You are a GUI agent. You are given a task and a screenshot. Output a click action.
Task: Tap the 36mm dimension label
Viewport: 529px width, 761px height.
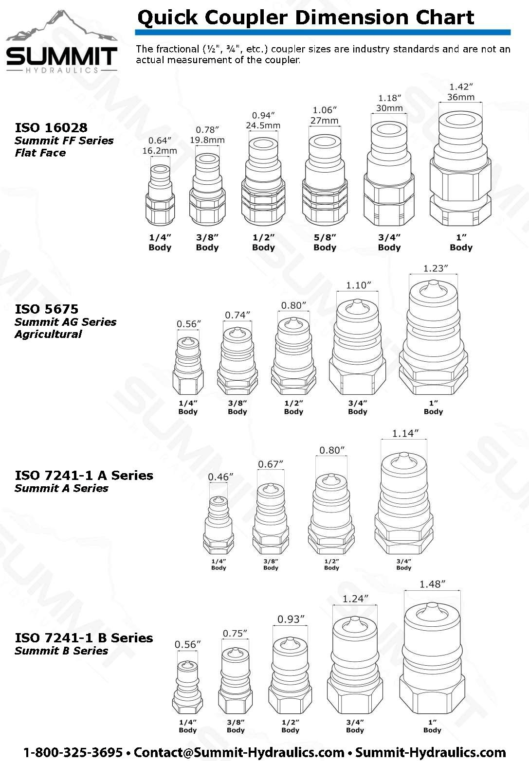click(x=460, y=97)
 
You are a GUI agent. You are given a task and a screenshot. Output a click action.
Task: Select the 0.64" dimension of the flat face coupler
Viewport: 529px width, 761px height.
click(x=159, y=141)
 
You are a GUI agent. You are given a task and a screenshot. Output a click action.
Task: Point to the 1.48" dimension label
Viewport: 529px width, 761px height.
click(x=432, y=584)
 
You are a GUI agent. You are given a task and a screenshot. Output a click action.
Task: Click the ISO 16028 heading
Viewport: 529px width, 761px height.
click(x=51, y=127)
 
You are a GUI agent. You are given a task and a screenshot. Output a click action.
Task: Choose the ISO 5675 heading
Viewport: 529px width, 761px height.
click(x=46, y=309)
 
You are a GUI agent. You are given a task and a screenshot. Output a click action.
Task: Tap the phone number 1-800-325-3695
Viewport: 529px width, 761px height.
click(x=73, y=752)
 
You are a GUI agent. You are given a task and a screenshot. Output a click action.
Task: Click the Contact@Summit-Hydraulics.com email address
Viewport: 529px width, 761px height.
click(x=239, y=752)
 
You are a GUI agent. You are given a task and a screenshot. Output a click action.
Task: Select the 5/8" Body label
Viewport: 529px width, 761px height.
click(x=325, y=242)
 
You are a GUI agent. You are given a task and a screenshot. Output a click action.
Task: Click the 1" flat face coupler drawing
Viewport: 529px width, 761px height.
click(x=460, y=168)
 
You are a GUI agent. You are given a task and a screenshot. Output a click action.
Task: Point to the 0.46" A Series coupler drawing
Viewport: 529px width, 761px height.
click(x=219, y=525)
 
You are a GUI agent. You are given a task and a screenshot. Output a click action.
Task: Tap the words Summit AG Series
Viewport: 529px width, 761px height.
click(x=65, y=322)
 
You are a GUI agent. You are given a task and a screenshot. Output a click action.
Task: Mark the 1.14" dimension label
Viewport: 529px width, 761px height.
click(x=405, y=433)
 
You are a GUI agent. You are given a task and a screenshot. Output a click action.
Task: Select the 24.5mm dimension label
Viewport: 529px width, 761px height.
click(x=263, y=125)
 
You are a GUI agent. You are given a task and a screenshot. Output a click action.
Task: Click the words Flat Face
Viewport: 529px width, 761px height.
click(x=40, y=153)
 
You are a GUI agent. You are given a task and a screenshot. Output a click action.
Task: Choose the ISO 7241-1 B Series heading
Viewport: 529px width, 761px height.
click(x=84, y=637)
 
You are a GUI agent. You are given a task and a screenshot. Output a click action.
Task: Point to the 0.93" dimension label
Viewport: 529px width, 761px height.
click(x=291, y=619)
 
